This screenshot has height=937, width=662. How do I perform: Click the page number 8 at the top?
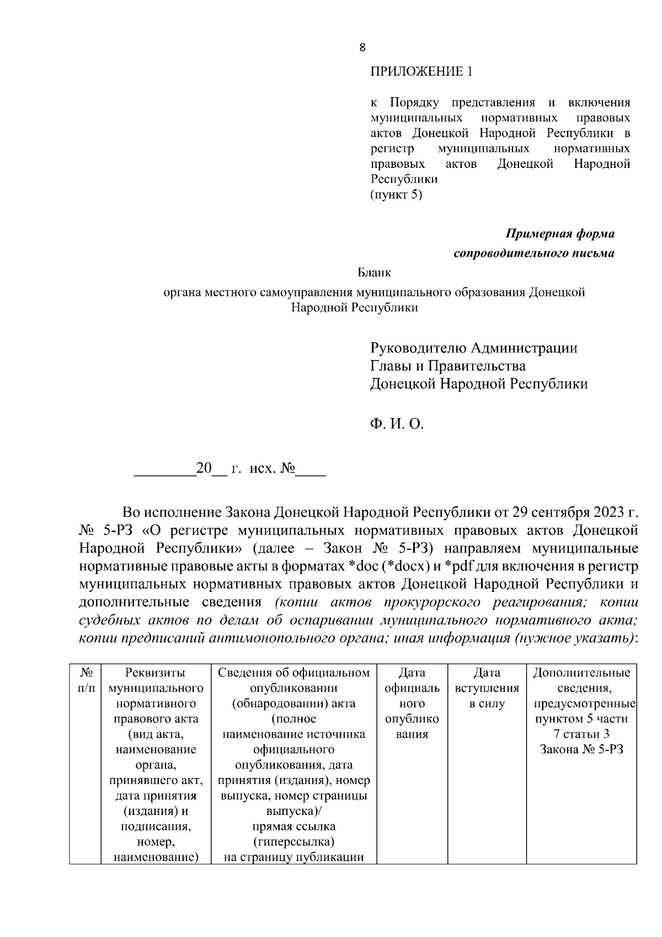point(362,47)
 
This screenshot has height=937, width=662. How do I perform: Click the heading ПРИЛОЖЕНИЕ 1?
point(421,72)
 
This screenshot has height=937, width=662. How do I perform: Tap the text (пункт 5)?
point(396,194)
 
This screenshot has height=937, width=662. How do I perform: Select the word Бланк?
point(374,272)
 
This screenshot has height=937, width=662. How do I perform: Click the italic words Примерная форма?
point(560,234)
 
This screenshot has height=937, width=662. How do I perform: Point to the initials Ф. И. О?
point(396,424)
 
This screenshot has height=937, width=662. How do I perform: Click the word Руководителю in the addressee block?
point(418,348)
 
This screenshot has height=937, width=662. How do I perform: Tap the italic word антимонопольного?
point(270,638)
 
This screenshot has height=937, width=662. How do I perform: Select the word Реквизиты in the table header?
point(155,673)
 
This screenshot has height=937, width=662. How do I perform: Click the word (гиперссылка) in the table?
point(293,842)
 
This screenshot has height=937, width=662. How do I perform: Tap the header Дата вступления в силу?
point(487,688)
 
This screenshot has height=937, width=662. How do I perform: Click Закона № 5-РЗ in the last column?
point(581,750)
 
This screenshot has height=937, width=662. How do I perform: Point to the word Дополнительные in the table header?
point(581,673)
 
